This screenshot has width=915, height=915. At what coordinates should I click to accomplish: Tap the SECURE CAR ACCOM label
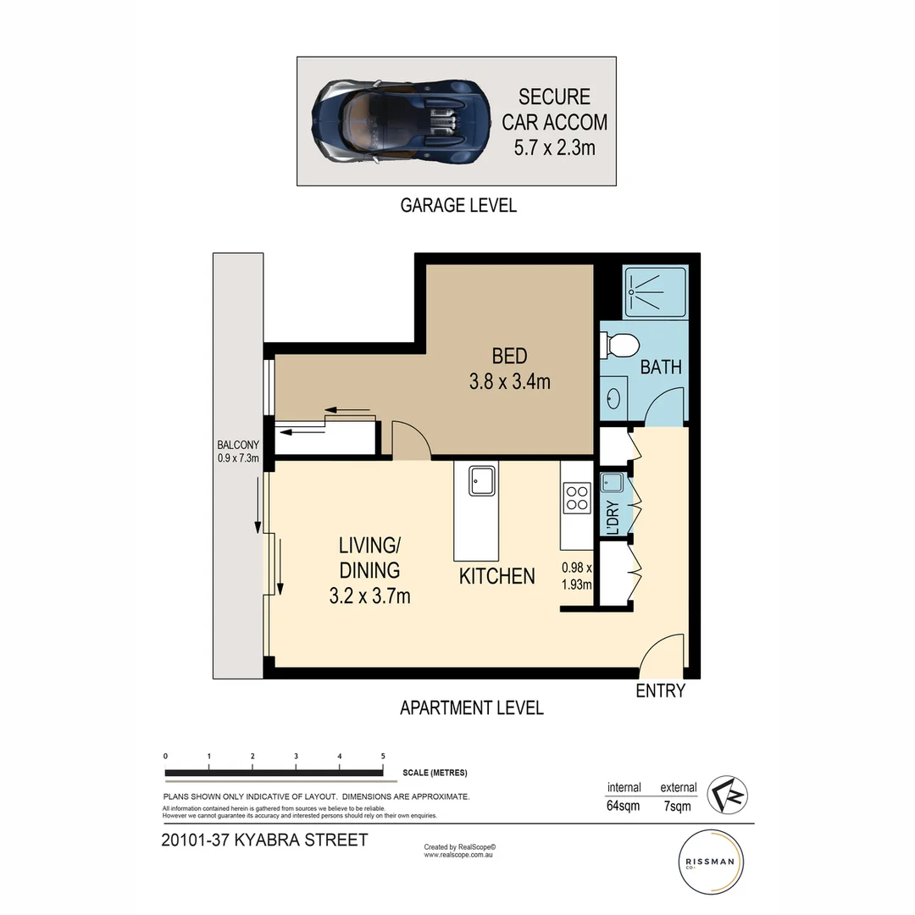coord(554,122)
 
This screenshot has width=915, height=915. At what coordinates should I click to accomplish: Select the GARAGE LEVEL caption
coord(457,205)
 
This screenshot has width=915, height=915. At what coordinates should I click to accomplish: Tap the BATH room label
coord(661,367)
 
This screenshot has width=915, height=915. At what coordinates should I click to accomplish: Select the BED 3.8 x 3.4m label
coord(509,369)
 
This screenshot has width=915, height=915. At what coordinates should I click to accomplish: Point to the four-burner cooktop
coord(576,497)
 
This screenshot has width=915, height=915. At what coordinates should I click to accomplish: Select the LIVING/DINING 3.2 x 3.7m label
coord(369,570)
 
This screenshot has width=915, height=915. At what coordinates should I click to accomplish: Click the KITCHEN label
coord(496,576)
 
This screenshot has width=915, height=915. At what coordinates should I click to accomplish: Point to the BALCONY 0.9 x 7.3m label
coord(238,452)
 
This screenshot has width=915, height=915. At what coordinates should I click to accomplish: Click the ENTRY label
coord(660,690)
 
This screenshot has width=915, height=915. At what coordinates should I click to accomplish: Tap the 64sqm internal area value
coord(623,806)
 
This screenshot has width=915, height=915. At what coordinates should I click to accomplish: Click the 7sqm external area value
coord(678,806)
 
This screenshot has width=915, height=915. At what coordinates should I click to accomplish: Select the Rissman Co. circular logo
coord(712,862)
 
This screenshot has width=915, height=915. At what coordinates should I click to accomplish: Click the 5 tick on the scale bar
coord(383,756)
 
